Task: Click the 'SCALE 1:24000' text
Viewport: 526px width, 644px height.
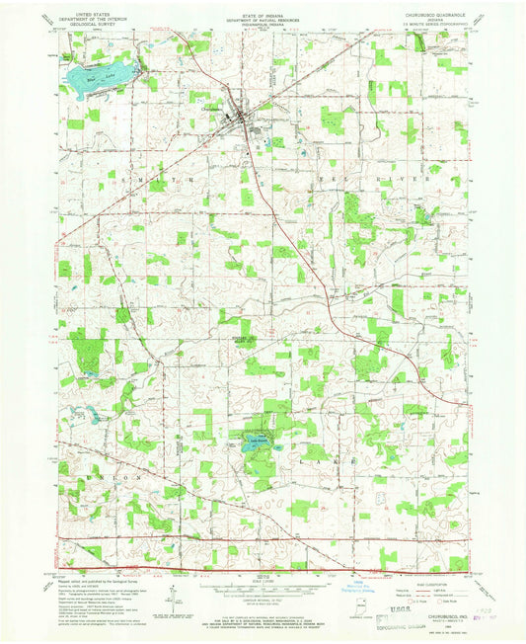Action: point(263,581)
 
